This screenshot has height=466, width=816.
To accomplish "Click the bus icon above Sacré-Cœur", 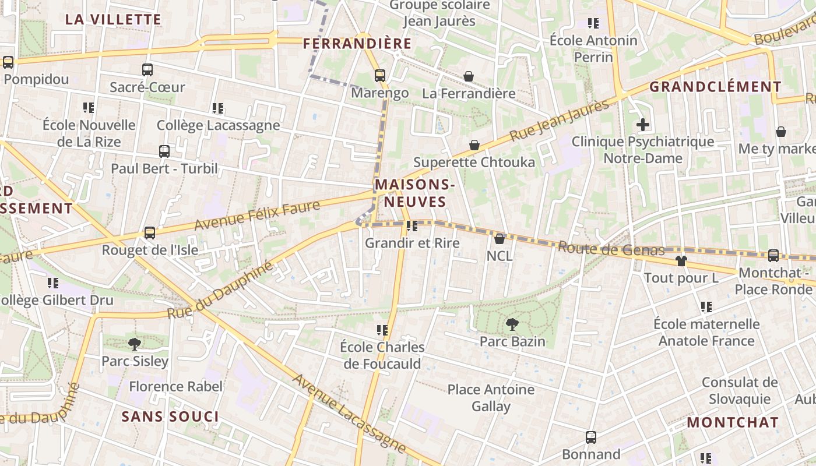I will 147,70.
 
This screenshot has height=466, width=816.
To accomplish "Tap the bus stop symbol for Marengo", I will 380,75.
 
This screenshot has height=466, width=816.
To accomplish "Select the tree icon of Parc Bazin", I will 512,324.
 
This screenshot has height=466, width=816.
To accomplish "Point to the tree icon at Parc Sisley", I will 135,344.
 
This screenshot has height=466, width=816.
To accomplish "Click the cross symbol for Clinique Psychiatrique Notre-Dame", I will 643,125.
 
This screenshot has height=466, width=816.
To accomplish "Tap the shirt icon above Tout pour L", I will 681,260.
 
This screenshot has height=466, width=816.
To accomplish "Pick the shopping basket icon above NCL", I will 500,238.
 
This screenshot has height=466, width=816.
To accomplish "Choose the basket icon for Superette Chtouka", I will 474,145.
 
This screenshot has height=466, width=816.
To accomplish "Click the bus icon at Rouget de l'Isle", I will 150,233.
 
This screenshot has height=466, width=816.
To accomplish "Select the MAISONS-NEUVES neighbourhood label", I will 414,193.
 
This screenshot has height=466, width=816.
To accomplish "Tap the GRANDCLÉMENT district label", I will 715,87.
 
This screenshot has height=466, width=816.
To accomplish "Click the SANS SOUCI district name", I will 170,416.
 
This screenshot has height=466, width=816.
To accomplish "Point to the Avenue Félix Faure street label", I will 257,215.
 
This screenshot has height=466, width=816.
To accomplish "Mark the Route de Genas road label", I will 611,249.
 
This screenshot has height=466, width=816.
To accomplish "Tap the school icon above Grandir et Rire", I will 412,225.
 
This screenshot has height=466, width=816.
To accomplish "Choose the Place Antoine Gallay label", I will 491,398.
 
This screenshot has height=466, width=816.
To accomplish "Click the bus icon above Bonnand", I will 591,437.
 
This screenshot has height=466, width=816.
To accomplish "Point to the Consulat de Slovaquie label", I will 740,391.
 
